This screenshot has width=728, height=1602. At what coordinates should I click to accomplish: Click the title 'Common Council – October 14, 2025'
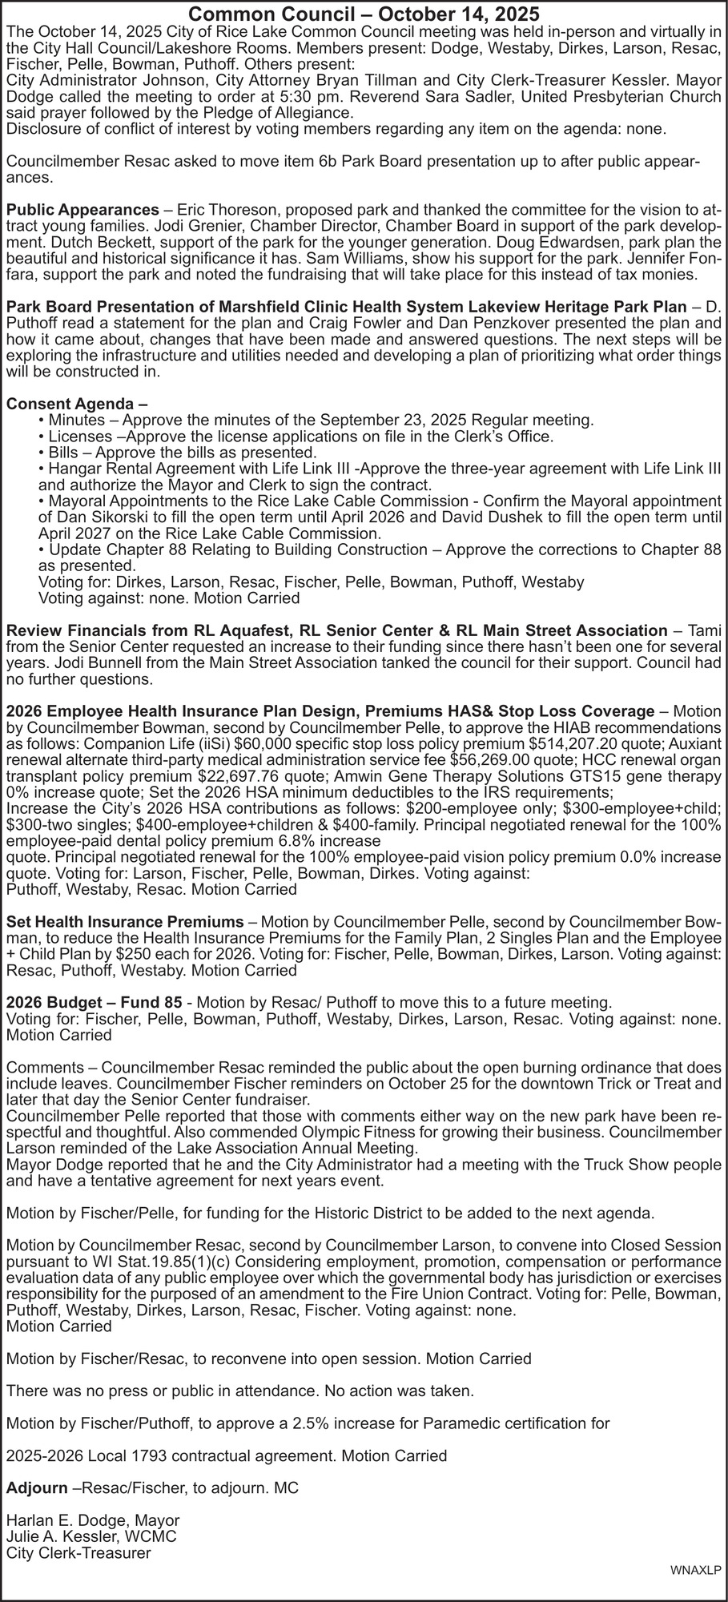(x=364, y=14)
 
